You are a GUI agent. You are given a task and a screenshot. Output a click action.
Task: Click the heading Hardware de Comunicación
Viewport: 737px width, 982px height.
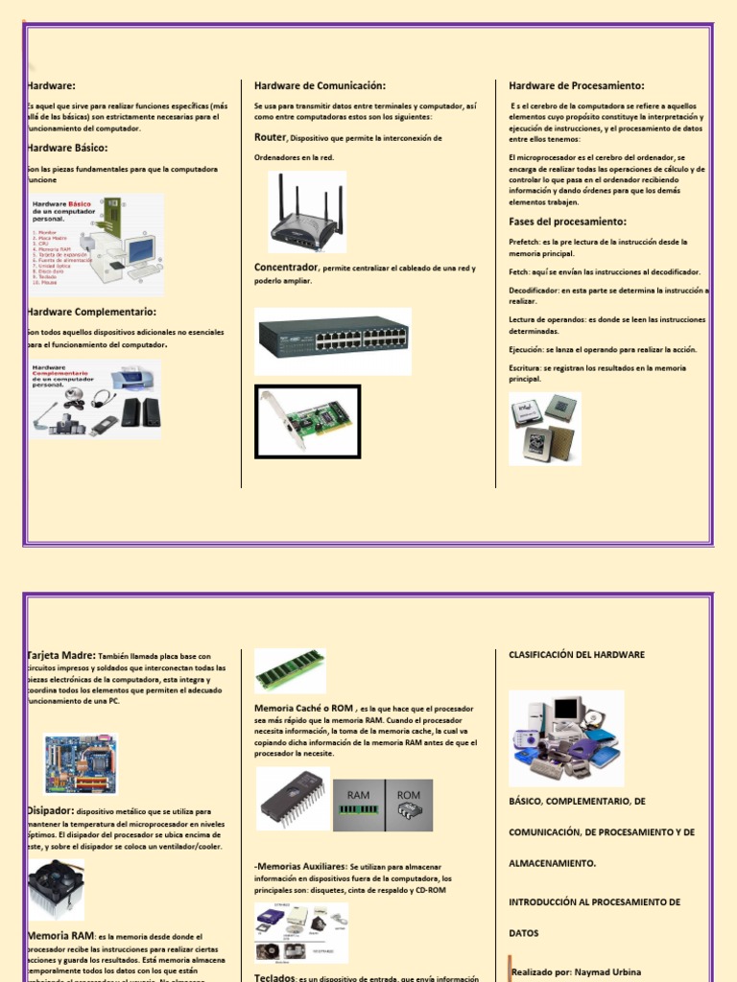coord(319,86)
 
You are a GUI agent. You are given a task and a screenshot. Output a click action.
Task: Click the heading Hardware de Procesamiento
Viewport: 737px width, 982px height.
coord(576,86)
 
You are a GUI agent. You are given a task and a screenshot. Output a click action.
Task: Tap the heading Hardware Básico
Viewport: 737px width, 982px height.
coord(67,148)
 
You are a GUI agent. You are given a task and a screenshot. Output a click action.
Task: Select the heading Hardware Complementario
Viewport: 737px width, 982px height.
coord(92,312)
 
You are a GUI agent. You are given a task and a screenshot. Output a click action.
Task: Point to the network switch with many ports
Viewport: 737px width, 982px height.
coord(333,339)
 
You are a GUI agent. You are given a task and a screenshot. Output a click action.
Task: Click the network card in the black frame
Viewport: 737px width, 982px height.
coord(307,421)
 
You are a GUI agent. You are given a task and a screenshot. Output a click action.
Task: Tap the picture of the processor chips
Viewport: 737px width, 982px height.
coord(544,429)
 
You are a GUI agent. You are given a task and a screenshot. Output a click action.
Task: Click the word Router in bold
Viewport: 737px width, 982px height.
coord(270,138)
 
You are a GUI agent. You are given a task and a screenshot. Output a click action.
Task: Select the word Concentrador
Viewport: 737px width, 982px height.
coord(286,268)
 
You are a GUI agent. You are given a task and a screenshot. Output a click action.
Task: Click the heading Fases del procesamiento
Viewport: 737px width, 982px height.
coord(567,222)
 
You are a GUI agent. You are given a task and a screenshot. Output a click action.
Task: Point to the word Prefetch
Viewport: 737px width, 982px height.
coord(525,243)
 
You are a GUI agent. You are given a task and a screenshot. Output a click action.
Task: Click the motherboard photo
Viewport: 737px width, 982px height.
coord(81,763)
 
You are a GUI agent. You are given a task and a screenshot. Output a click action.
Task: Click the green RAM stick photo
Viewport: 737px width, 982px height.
coord(290,669)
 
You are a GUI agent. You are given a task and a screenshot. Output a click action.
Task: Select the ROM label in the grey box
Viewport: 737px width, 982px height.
coord(409,795)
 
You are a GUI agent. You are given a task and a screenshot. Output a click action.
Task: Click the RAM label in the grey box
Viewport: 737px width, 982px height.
coord(358,795)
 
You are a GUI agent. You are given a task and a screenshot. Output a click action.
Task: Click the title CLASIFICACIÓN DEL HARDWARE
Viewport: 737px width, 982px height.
coord(576,655)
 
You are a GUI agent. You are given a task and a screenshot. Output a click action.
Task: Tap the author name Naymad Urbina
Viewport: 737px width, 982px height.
coord(606,971)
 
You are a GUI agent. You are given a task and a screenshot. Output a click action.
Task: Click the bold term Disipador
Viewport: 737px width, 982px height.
coord(51,810)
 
